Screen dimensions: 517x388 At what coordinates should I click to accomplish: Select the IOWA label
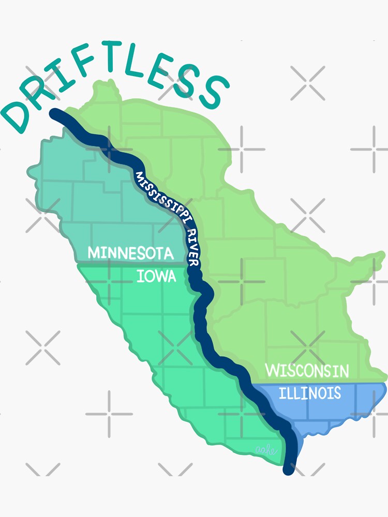pos(156,277)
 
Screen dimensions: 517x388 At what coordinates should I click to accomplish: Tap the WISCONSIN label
pos(307,371)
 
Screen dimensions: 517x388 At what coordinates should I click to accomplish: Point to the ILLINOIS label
pos(310,393)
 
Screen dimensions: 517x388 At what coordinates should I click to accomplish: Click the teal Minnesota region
pos(93,202)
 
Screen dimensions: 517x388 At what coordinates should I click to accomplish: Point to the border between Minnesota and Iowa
pos(103,264)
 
